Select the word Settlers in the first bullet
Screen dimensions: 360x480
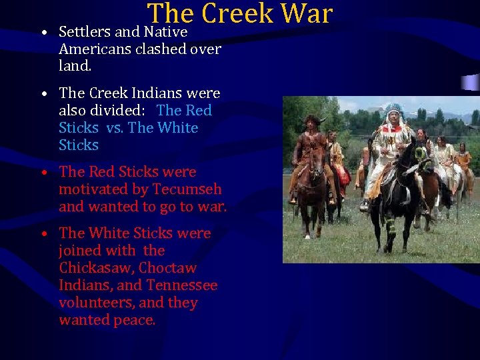pyautogui.click(x=84, y=31)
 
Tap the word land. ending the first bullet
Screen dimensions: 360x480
pyautogui.click(x=75, y=66)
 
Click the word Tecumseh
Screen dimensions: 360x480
pyautogui.click(x=187, y=189)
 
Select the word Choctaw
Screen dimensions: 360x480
pyautogui.click(x=167, y=267)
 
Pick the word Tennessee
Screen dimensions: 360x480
pyautogui.click(x=181, y=285)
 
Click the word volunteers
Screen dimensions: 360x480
pyautogui.click(x=95, y=302)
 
